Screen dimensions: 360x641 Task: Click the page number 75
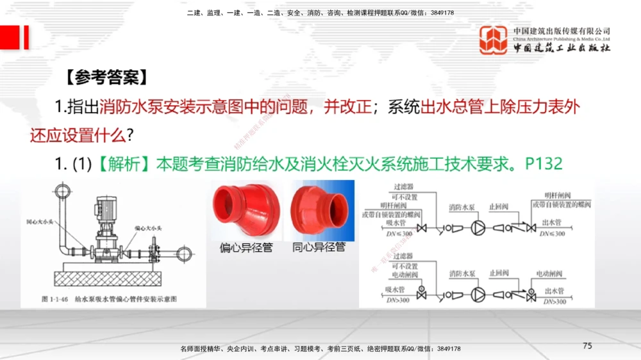point(587,346)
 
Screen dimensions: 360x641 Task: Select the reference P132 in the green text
point(544,164)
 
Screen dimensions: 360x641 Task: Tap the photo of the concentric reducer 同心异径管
point(319,209)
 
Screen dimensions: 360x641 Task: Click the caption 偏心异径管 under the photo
point(246,247)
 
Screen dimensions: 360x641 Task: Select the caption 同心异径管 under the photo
point(319,247)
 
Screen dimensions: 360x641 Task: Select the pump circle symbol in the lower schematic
point(478,294)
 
